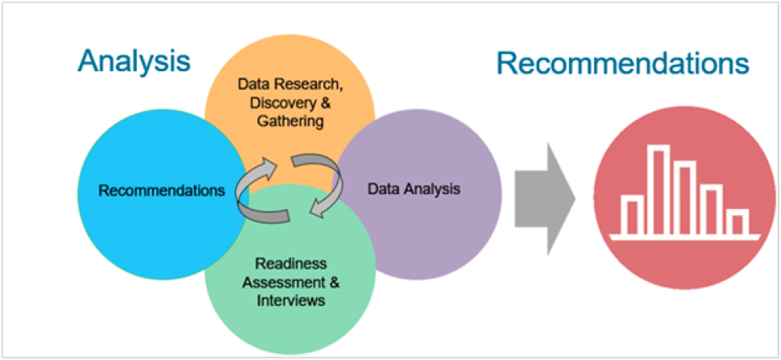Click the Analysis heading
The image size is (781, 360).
[x=133, y=61]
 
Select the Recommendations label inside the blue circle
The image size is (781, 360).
[x=162, y=190]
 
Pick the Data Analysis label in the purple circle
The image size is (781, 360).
[x=414, y=189]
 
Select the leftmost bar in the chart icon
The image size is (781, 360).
[x=632, y=215]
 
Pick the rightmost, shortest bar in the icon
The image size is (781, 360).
[x=737, y=221]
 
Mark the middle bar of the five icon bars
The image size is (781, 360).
[x=685, y=197]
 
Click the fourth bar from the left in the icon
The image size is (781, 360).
[x=711, y=209]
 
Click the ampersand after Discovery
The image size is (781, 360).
[x=308, y=103]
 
